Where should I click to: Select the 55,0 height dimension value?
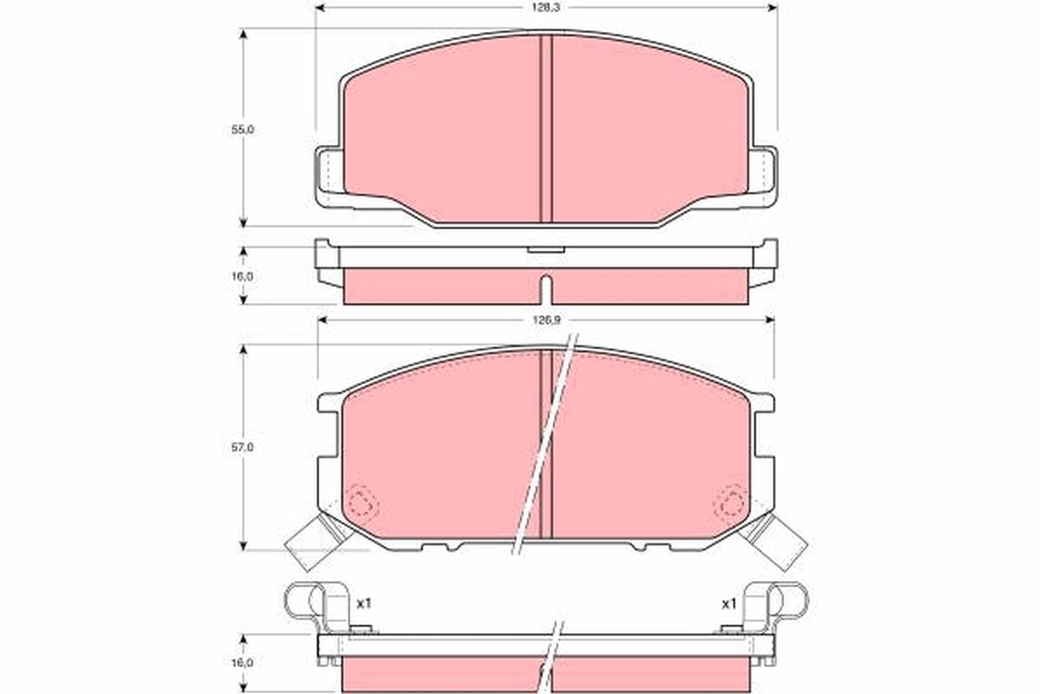(243, 130)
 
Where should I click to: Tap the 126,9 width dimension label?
(547, 320)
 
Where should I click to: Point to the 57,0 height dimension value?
(243, 447)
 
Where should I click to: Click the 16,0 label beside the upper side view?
(243, 277)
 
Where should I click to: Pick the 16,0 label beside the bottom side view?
(243, 663)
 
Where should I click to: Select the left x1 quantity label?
(364, 604)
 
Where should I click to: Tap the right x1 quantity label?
(729, 604)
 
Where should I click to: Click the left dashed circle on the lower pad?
(362, 503)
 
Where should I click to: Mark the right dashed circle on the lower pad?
(731, 501)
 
